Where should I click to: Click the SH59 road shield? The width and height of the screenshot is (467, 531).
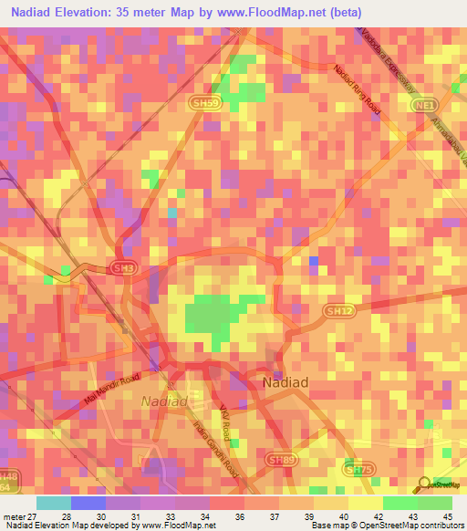pyautogui.click(x=206, y=105)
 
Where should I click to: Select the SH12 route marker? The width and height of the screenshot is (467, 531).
pyautogui.click(x=338, y=311)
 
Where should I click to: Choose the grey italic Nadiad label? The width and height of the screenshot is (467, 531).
pyautogui.click(x=165, y=401)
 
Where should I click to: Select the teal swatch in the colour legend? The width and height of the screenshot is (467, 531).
pyautogui.click(x=53, y=503)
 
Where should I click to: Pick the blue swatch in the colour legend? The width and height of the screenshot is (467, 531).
pyautogui.click(x=88, y=503)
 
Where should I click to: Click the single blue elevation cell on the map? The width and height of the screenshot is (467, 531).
pyautogui.click(x=314, y=262)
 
